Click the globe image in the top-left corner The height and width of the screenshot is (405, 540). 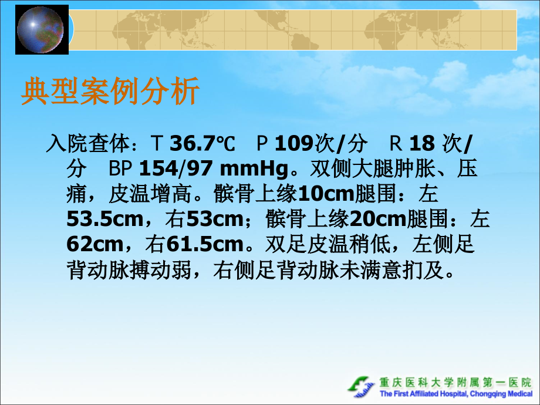click(x=41, y=29)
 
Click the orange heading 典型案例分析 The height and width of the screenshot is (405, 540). click(x=110, y=92)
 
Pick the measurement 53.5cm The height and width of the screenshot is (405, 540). click(x=104, y=220)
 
